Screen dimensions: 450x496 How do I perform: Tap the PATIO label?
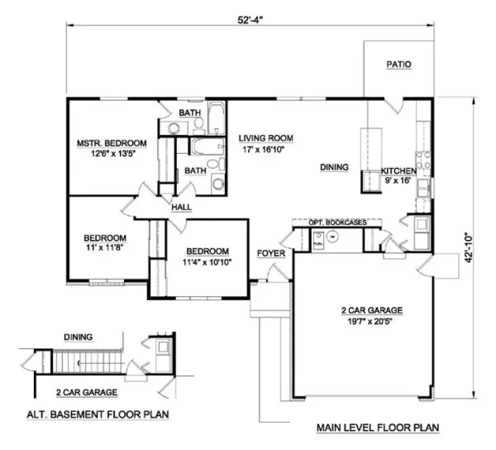click(x=398, y=65)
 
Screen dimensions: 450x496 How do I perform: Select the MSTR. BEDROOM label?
click(x=112, y=143)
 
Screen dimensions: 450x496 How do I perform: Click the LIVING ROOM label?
click(x=266, y=138)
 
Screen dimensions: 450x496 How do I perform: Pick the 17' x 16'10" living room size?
click(x=266, y=150)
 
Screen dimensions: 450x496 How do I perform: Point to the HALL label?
click(x=181, y=207)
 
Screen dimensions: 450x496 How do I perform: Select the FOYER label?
click(x=270, y=253)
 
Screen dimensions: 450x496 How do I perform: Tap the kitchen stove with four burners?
click(x=423, y=161)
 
